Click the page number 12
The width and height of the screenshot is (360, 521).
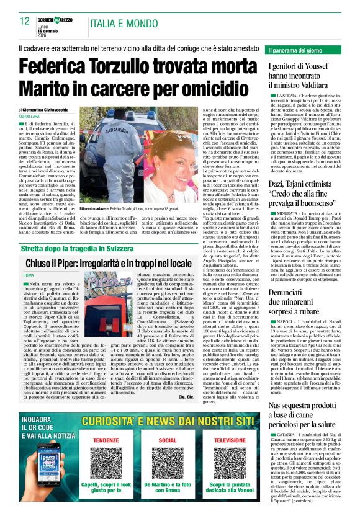pos(25,21)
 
